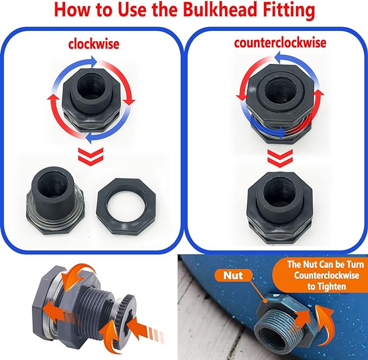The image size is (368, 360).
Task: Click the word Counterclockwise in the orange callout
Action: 318,275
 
